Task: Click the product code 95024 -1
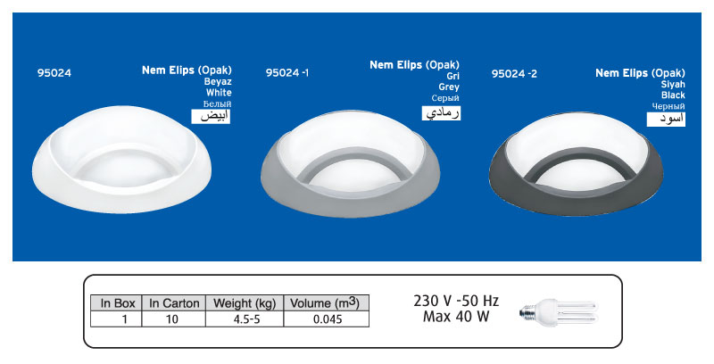click(x=287, y=74)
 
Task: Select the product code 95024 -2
click(x=514, y=74)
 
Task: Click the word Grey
click(x=447, y=87)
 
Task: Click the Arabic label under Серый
click(x=441, y=113)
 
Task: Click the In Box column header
click(x=117, y=303)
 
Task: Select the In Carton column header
click(x=174, y=303)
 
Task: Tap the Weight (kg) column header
click(x=244, y=303)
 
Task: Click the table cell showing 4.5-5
click(x=244, y=318)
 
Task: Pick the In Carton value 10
click(x=174, y=318)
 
